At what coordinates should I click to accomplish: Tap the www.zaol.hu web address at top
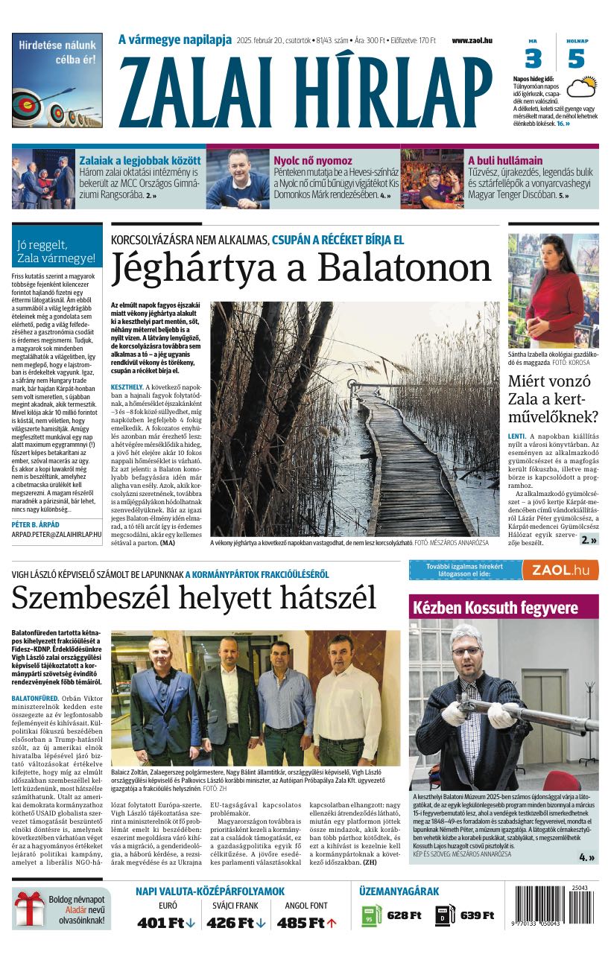472,40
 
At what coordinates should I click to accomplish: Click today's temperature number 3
533,58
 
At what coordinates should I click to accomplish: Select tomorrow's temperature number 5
576,58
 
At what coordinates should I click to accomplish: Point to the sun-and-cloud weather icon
581,87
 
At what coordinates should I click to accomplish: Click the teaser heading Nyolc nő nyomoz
312,160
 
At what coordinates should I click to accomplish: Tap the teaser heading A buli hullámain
505,160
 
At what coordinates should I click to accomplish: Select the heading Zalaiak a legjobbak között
140,160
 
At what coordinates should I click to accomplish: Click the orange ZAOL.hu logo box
560,571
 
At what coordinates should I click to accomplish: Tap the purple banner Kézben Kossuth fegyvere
496,608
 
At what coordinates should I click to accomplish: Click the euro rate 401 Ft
161,923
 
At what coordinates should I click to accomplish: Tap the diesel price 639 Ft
477,915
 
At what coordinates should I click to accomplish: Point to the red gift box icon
30,910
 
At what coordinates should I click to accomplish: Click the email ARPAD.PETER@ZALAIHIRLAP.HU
57,535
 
